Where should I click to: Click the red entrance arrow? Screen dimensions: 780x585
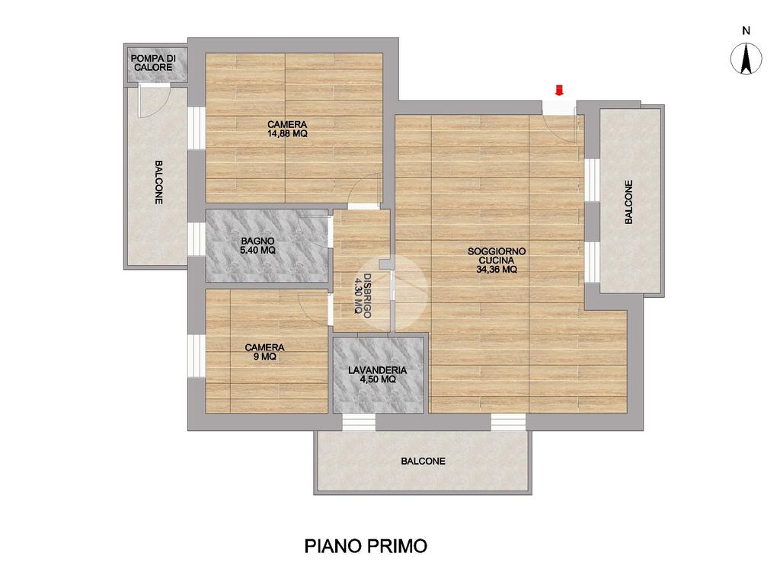(x=559, y=90)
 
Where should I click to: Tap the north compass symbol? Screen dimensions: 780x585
(x=746, y=59)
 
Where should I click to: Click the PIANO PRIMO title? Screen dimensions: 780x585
(x=366, y=545)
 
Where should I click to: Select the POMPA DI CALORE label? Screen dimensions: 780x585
(x=153, y=62)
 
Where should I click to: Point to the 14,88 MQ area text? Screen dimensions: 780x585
(x=287, y=134)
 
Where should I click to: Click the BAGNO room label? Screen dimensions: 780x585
(x=257, y=241)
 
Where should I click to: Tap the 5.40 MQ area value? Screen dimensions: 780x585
(x=257, y=250)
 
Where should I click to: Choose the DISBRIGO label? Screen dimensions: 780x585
(x=367, y=296)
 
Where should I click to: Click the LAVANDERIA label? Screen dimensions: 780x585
(x=378, y=370)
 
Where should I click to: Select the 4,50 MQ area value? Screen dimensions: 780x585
(x=378, y=379)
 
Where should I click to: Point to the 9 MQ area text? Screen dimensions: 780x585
(x=264, y=356)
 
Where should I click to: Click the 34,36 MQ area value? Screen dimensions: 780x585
(x=497, y=269)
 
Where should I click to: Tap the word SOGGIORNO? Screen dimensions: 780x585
(x=497, y=251)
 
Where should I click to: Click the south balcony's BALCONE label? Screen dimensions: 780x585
(x=423, y=461)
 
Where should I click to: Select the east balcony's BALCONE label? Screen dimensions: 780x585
(x=628, y=202)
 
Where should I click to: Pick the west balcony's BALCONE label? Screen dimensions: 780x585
(x=158, y=182)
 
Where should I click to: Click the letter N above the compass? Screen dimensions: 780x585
(x=746, y=30)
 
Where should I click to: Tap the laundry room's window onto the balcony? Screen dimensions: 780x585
(x=359, y=422)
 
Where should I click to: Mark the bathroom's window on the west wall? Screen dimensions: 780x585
(x=196, y=238)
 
